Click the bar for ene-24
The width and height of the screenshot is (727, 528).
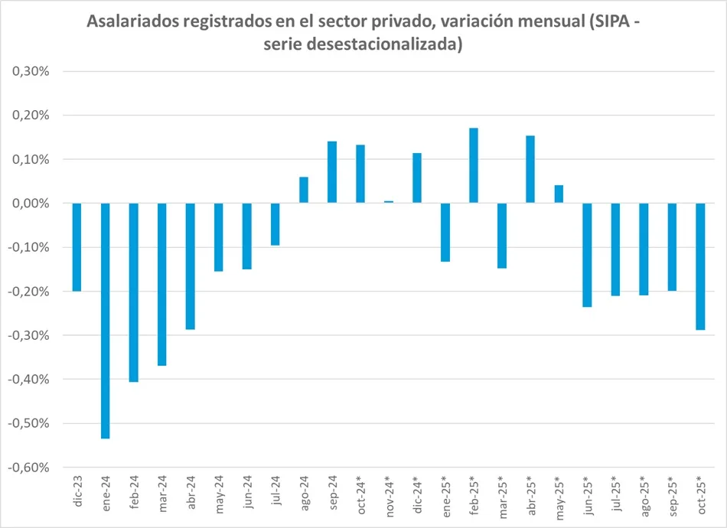106,321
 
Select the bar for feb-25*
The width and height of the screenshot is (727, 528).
474,165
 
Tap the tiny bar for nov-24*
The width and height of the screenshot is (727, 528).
389,202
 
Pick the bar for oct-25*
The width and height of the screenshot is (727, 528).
700,266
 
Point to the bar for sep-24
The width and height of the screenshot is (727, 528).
332,172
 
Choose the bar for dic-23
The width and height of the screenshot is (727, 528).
77,247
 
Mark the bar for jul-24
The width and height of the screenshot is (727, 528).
275,224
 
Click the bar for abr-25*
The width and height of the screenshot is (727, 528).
530,169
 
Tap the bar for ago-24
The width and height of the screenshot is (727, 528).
304,190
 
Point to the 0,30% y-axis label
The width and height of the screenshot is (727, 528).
31,71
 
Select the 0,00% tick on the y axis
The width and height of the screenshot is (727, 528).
31,204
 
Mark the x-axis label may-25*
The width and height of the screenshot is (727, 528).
559,495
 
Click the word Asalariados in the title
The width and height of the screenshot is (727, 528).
134,21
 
